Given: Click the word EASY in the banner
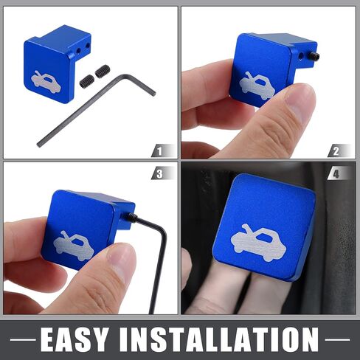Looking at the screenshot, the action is (75, 339).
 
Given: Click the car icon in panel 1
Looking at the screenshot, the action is (46, 83).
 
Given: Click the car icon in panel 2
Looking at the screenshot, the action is (257, 86).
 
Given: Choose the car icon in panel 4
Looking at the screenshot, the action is (259, 243).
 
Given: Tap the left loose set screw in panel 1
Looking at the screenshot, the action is (87, 81).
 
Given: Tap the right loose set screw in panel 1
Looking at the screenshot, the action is (102, 71).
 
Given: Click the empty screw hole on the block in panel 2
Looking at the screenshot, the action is (300, 57).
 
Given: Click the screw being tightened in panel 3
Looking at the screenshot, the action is (131, 216).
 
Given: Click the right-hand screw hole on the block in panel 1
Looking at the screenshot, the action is (88, 45).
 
